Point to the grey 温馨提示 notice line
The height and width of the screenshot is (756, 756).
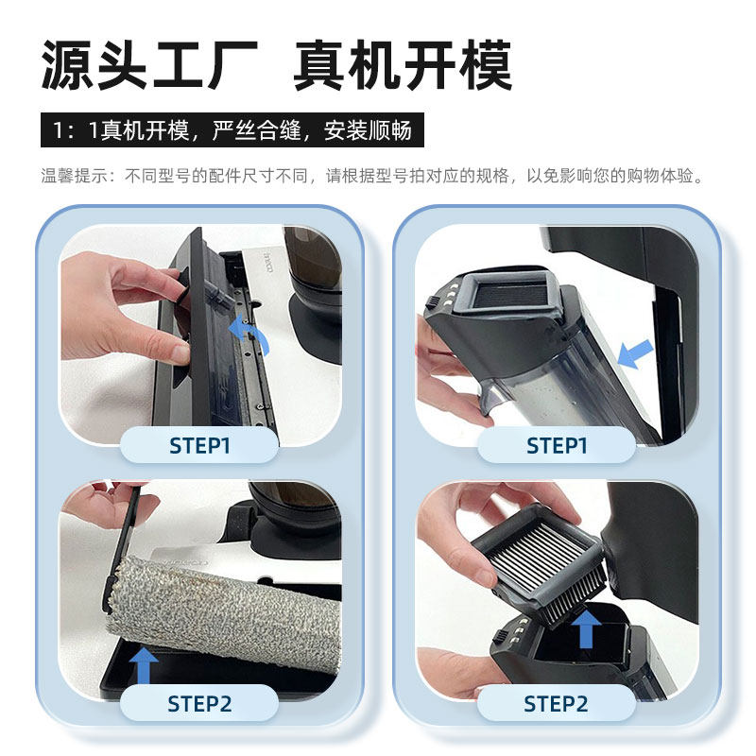click(373, 177)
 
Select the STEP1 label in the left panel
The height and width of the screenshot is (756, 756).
click(199, 445)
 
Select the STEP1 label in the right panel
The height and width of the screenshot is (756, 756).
click(557, 445)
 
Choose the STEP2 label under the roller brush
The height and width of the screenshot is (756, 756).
click(199, 704)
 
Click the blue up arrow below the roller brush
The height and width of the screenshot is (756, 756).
click(144, 664)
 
